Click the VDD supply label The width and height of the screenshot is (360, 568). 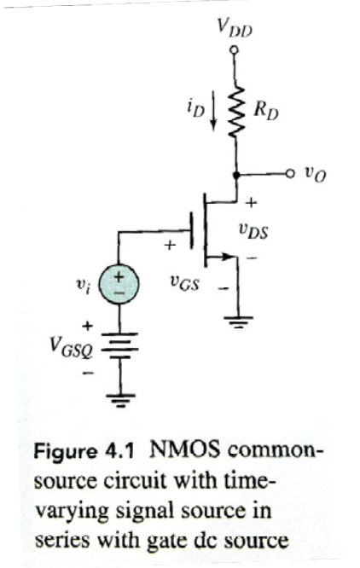click(x=235, y=32)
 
